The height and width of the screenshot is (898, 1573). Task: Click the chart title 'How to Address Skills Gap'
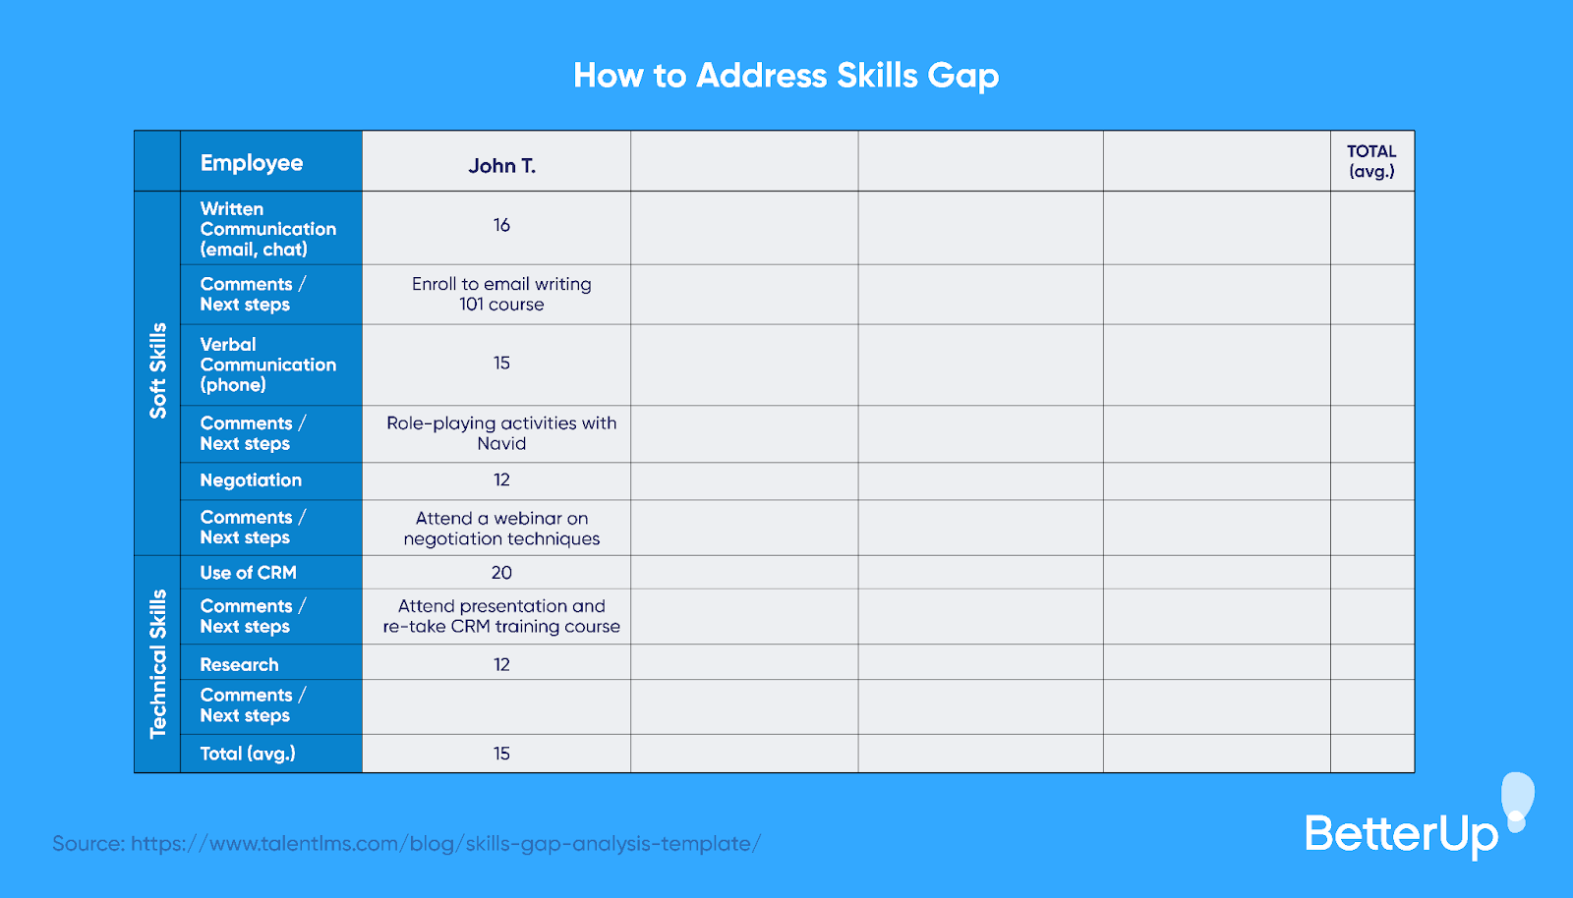pos(786,76)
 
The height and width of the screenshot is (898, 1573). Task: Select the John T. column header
pos(501,165)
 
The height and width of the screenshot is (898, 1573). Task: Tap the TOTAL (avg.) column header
pos(1371,161)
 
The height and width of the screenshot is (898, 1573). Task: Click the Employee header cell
pos(252,163)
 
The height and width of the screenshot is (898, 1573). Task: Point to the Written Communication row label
pos(267,229)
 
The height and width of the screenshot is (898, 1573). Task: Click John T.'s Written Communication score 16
pos(501,226)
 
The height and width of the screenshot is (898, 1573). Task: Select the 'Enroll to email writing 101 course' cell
pos(501,294)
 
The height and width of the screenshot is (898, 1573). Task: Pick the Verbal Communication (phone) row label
pos(267,365)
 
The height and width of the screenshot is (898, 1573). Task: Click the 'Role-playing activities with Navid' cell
pos(501,433)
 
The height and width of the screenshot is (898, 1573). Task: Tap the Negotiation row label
pos(251,480)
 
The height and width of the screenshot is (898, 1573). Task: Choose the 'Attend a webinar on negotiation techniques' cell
pos(501,529)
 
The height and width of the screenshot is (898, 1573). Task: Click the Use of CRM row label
pos(248,573)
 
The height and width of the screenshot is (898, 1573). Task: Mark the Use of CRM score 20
pos(501,573)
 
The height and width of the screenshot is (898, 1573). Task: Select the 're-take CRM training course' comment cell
pos(501,616)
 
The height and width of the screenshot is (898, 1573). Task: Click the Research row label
pos(239,665)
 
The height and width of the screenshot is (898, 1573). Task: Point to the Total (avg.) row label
pos(248,754)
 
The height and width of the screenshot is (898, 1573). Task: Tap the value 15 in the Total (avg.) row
pos(501,754)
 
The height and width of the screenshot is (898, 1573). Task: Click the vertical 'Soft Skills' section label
pos(157,371)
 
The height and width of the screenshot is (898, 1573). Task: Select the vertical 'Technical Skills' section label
pos(157,664)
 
